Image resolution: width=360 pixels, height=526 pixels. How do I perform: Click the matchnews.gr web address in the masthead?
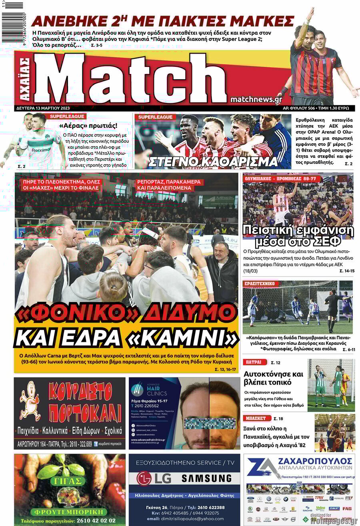click(256, 100)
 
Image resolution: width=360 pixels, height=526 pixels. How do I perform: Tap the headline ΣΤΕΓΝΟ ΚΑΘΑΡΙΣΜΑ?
click(213, 161)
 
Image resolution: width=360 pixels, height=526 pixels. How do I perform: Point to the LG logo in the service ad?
click(150, 478)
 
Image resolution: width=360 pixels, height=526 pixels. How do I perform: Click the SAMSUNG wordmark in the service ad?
click(206, 478)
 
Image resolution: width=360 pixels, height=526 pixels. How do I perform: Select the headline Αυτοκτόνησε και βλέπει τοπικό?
click(274, 378)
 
